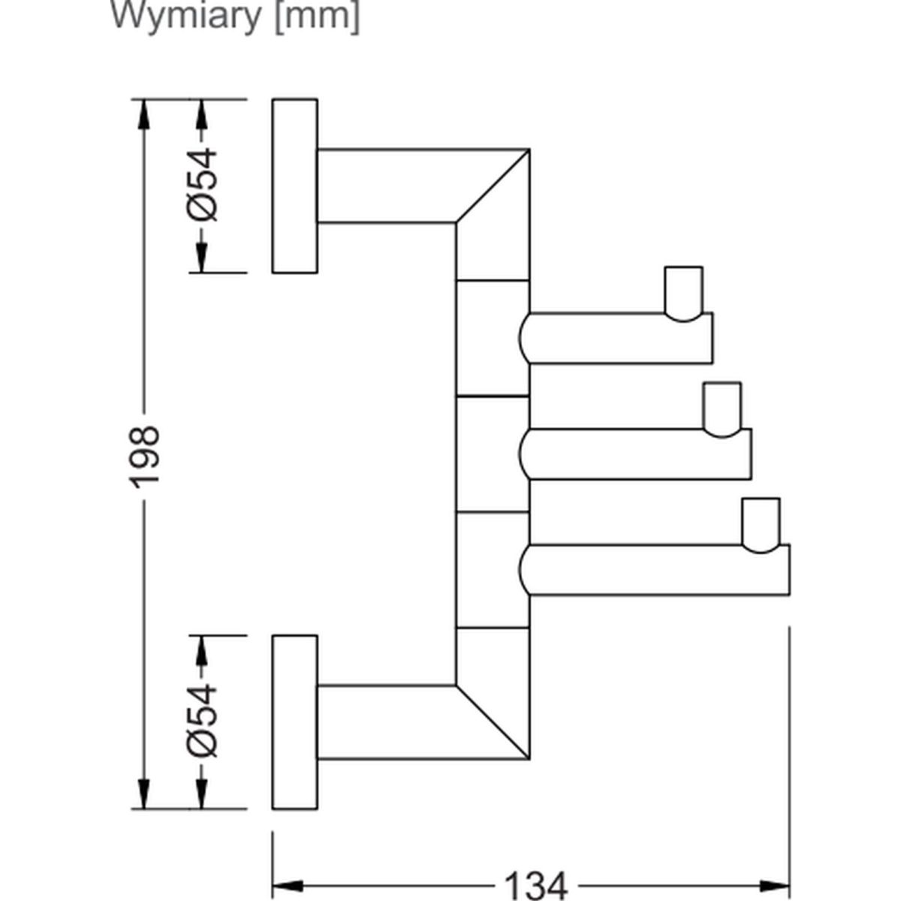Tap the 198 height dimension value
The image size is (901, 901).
tap(144, 455)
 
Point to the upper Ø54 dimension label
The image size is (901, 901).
tap(201, 185)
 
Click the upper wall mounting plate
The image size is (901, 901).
tap(294, 185)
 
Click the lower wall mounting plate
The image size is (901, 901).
tap(294, 722)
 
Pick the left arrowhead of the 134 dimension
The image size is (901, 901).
tap(285, 885)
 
